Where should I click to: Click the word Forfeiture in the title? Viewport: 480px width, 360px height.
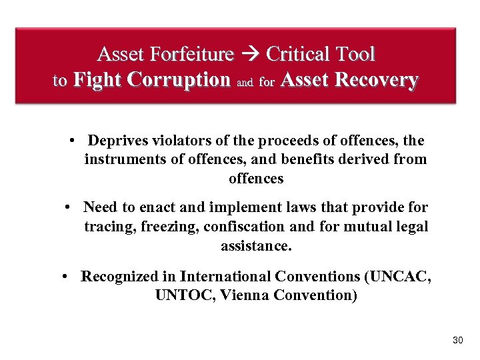[x=193, y=54]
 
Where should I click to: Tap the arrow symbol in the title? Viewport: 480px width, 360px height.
[x=251, y=54]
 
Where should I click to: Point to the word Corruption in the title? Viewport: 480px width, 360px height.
[x=180, y=80]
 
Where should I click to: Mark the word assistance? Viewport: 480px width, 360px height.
[x=256, y=246]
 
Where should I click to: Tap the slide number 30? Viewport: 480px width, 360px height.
[x=457, y=341]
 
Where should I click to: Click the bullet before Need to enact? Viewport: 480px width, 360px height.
[x=69, y=208]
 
